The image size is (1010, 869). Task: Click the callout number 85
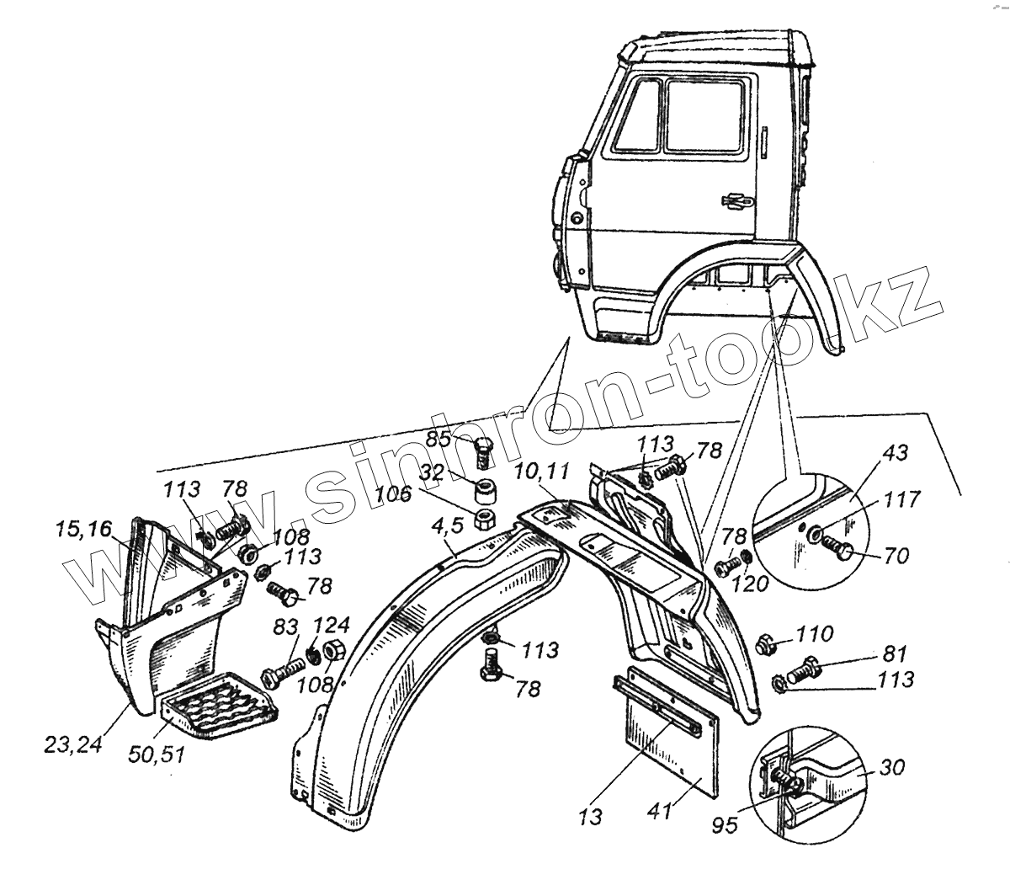439,439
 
